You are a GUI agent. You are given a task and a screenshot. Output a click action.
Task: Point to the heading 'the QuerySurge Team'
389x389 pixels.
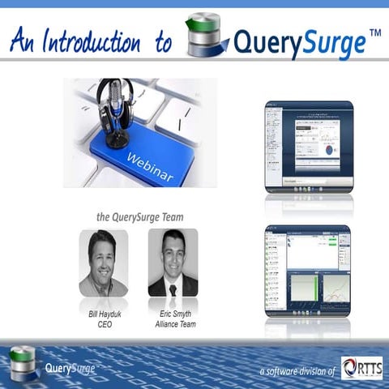click(139, 216)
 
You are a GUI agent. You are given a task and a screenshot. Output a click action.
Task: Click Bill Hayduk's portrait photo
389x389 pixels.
click(103, 263)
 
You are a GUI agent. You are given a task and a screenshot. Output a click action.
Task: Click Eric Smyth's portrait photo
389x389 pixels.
click(173, 263)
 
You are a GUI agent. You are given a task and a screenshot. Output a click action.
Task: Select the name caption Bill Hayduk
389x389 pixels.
click(103, 312)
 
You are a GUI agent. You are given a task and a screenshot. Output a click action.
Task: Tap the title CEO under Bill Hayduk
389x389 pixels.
click(103, 323)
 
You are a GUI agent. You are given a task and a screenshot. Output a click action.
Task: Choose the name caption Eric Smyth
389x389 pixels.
click(173, 312)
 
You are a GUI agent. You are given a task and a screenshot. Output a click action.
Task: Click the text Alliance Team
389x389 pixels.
click(173, 323)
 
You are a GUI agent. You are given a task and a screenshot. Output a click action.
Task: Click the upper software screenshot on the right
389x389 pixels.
click(308, 146)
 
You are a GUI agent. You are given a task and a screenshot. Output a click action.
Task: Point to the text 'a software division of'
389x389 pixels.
click(297, 371)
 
